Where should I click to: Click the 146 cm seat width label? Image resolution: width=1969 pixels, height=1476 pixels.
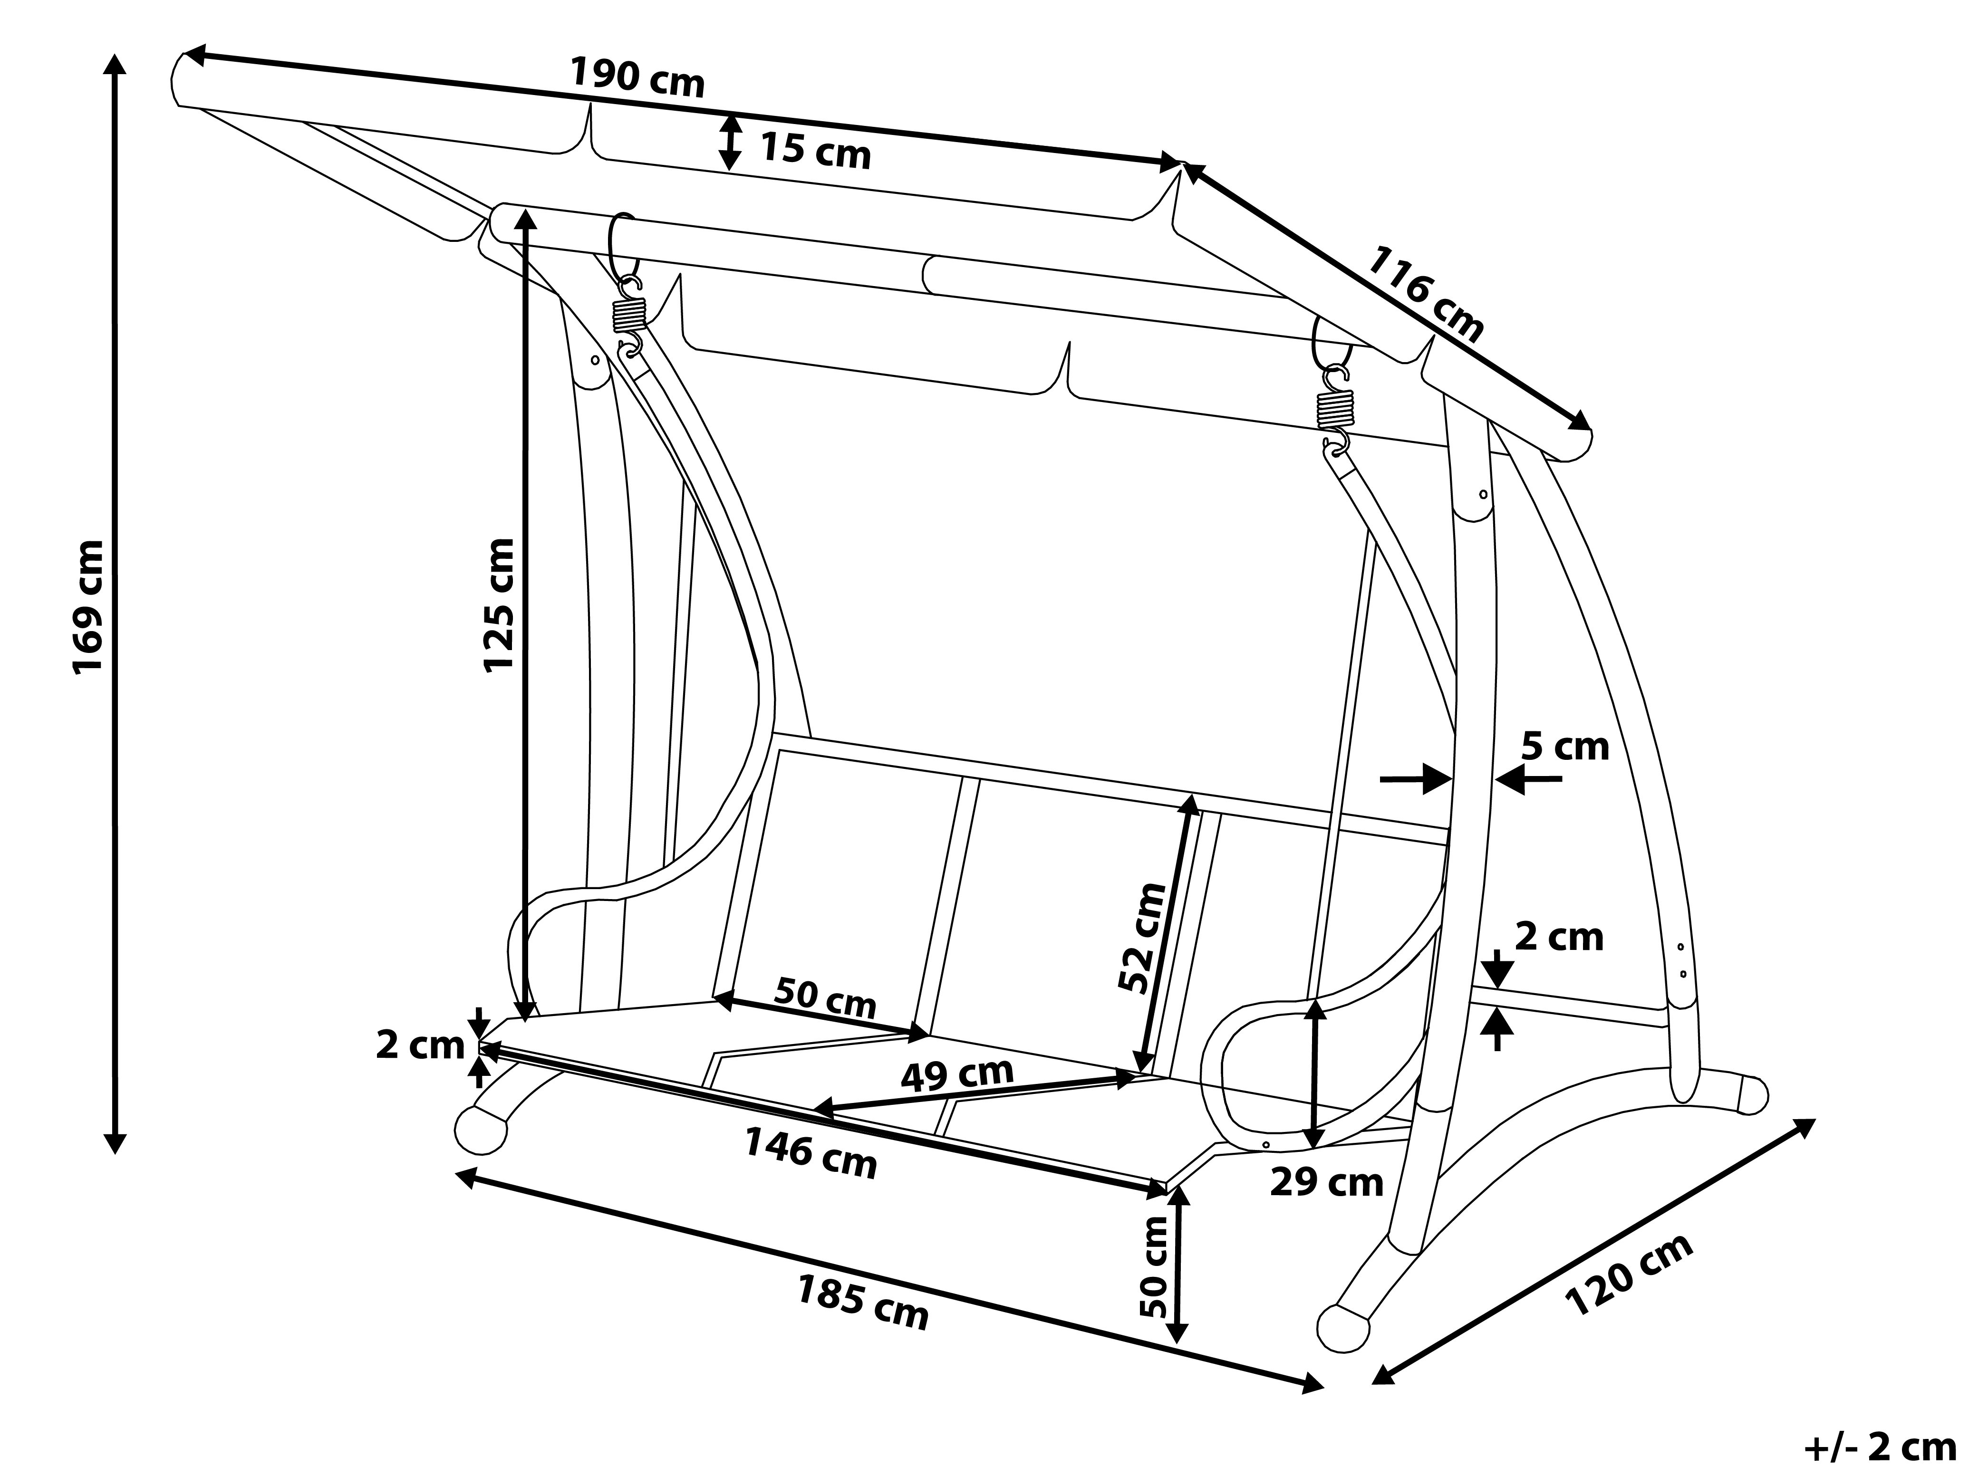810,1153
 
